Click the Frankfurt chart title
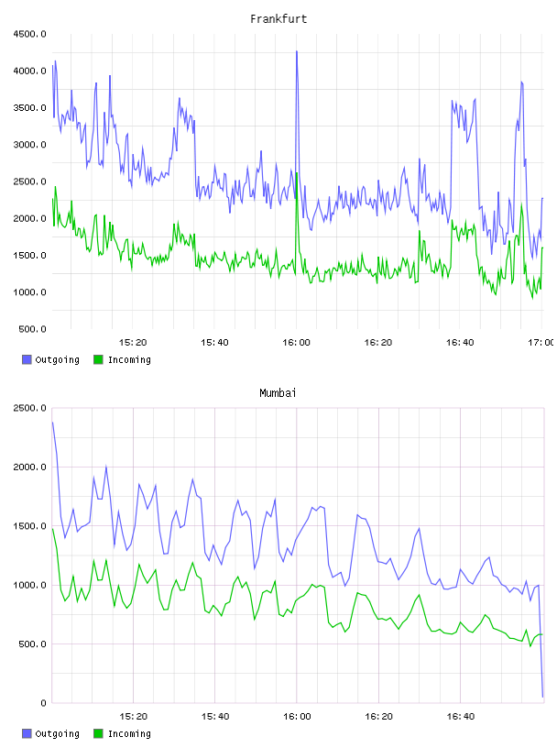click(278, 19)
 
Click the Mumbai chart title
click(278, 393)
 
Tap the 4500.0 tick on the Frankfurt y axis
click(29, 34)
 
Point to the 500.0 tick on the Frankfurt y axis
click(32, 329)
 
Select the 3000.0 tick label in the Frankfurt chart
click(29, 145)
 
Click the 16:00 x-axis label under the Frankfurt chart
click(296, 343)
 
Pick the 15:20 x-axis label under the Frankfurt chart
click(133, 343)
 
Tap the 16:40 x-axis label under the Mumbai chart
click(461, 717)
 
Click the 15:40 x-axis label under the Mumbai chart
click(215, 717)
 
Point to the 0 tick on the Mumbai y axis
click(43, 703)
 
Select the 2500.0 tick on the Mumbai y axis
click(29, 408)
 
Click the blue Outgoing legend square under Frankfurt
click(27, 359)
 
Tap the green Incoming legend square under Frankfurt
click(98, 359)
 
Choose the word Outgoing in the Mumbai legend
click(57, 733)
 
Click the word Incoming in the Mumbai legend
click(129, 733)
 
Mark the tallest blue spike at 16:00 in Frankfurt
click(297, 51)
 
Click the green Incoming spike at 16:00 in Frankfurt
click(297, 173)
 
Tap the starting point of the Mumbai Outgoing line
click(52, 423)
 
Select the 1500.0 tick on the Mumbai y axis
click(29, 526)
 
